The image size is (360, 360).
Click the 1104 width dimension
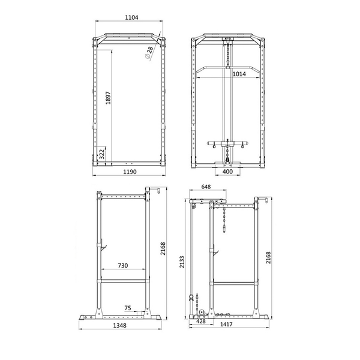(x=131, y=17)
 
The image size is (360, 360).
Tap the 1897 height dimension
(x=108, y=98)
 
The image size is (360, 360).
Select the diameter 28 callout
(x=149, y=52)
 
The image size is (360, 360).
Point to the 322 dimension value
(x=102, y=154)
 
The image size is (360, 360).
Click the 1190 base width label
(x=130, y=172)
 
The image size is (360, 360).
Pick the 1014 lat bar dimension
(x=239, y=74)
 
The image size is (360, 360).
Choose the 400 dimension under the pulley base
(x=227, y=172)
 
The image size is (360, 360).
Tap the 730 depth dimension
(x=123, y=265)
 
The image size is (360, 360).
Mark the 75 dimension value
(x=128, y=308)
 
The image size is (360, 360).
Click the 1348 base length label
(x=120, y=325)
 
